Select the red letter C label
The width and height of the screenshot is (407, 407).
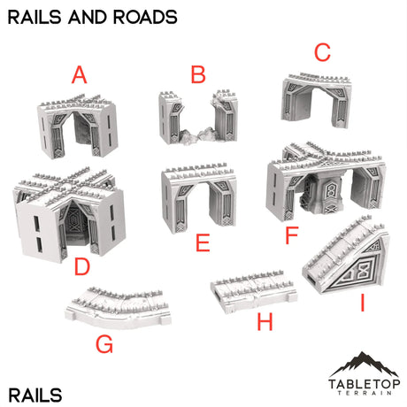coord(322,52)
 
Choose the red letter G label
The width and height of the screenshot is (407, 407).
coord(104,344)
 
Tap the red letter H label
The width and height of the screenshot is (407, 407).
coord(265,323)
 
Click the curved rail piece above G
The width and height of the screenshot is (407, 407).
coord(112,303)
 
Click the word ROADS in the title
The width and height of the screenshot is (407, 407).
coord(141,16)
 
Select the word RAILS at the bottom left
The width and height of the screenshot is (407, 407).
coord(36,392)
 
